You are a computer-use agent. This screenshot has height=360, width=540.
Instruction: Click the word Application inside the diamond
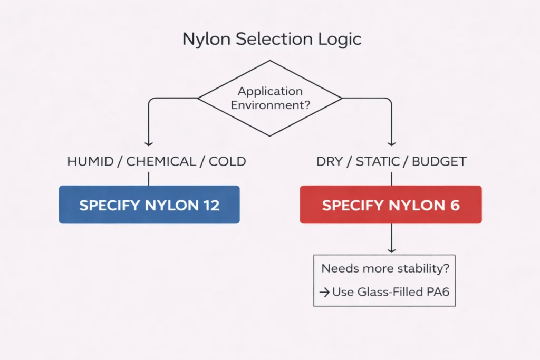coord(270,92)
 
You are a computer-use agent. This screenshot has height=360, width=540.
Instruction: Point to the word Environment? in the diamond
coord(270,104)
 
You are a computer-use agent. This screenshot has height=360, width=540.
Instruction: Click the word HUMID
coord(90,161)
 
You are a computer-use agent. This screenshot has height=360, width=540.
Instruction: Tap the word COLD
coord(227,161)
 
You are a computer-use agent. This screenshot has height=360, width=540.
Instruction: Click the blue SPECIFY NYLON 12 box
coord(149,205)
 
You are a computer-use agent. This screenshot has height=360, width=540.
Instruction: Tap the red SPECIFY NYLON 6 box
coord(391,205)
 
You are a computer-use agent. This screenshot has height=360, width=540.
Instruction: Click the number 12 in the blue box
coord(211,205)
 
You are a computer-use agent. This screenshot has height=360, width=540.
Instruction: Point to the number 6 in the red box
coord(455,205)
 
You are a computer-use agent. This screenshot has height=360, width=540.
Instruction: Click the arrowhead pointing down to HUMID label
coord(149,142)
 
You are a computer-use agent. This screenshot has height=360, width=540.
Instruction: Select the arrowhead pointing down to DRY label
coord(391,142)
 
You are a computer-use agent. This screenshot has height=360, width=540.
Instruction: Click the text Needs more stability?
coord(385,268)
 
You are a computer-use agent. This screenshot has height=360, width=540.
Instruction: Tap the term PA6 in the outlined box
coord(437,291)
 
